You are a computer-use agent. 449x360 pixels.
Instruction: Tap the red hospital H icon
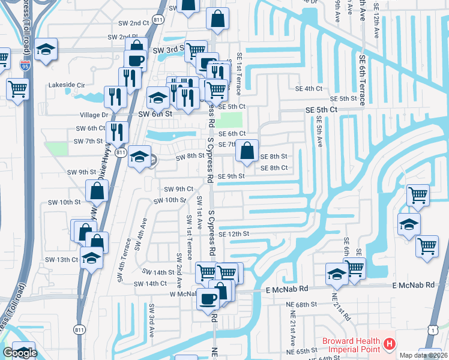[x=389, y=344]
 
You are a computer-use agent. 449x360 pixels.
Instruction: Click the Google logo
[x=20, y=353]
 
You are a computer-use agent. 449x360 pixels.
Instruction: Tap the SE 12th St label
[x=234, y=234]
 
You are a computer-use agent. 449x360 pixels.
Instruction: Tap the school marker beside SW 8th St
[x=139, y=157]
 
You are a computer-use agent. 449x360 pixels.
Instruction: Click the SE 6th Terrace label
[x=362, y=80]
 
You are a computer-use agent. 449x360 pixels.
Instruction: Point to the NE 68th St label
[x=302, y=305]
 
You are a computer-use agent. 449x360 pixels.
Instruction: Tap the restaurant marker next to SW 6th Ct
[x=116, y=132]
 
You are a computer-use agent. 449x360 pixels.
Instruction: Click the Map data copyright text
[x=423, y=355]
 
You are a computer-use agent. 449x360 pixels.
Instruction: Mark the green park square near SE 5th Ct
[x=232, y=119]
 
